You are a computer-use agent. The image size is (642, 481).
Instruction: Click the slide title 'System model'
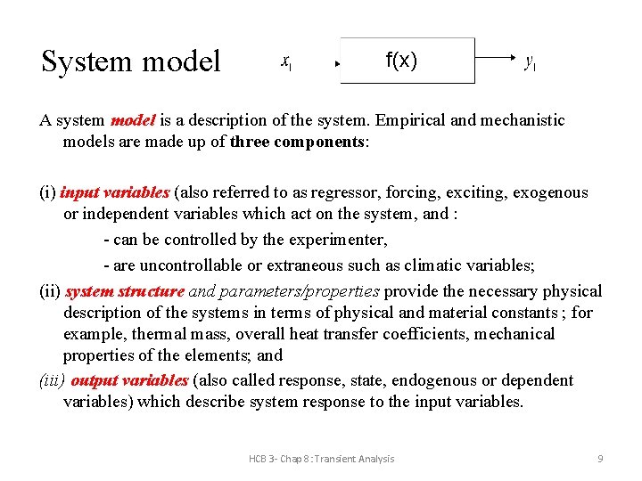[130, 61]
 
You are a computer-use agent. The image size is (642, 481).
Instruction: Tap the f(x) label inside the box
[401, 61]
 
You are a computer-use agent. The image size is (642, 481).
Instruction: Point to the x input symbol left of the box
[286, 61]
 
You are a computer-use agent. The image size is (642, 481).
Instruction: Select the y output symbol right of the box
[530, 61]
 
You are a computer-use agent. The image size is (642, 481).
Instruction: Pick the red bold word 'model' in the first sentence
[134, 120]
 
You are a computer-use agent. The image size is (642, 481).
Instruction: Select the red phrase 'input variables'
[115, 192]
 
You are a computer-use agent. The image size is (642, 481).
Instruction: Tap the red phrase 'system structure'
[124, 291]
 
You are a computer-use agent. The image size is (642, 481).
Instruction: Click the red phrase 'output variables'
[129, 380]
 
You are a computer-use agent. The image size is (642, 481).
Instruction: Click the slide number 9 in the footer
[600, 459]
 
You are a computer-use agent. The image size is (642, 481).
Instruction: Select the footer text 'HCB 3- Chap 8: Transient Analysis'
[321, 459]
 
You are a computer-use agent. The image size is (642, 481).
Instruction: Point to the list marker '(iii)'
[52, 380]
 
